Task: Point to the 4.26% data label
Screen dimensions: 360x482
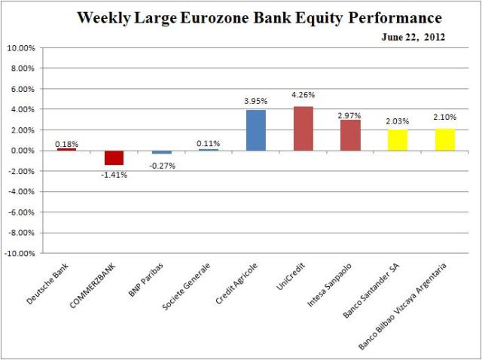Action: tap(302, 95)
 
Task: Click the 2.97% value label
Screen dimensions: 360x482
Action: tap(349, 115)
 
